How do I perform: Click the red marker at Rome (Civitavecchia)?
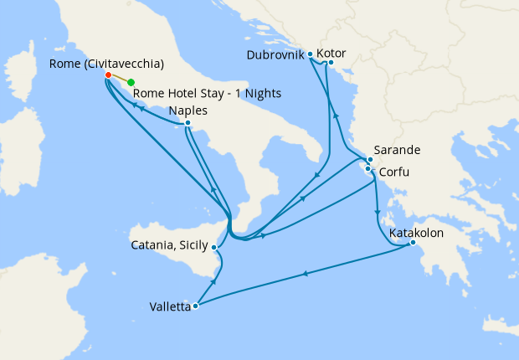(x=108, y=75)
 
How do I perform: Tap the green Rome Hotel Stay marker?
(x=131, y=82)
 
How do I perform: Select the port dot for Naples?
(x=188, y=123)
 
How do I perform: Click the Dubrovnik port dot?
(x=311, y=54)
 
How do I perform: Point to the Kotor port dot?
(x=331, y=61)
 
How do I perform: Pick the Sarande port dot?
(x=370, y=159)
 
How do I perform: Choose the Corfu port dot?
(x=368, y=169)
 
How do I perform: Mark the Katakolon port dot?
(x=413, y=244)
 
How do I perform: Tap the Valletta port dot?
(x=195, y=306)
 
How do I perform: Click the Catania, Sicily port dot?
(x=215, y=247)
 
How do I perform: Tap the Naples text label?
(x=188, y=111)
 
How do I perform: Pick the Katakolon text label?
(x=416, y=232)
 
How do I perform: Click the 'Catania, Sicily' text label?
(x=171, y=246)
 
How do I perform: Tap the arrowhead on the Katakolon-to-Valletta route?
(x=304, y=274)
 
